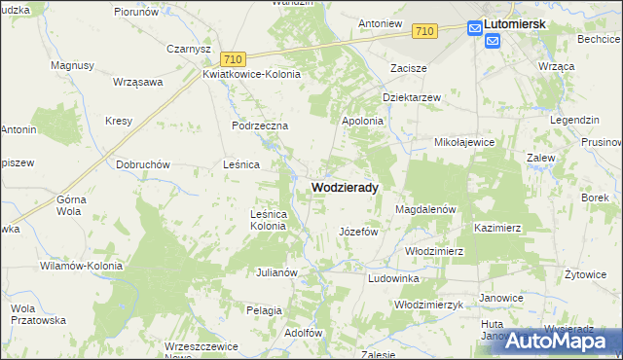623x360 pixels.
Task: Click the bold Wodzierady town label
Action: click(345, 186)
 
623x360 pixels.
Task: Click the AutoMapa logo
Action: click(561, 341)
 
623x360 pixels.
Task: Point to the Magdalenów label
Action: click(425, 209)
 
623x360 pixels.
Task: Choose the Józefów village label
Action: click(357, 233)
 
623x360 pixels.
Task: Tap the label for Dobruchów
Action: click(143, 164)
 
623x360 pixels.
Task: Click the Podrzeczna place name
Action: click(260, 126)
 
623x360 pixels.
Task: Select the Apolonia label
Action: click(362, 121)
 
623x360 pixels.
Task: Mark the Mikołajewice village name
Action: click(464, 142)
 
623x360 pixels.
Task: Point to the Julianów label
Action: click(275, 272)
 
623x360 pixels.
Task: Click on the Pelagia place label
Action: click(264, 309)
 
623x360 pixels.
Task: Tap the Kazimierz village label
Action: click(497, 227)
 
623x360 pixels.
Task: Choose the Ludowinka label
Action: click(393, 278)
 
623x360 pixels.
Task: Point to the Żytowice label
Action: click(585, 274)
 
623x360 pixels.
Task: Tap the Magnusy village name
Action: click(72, 65)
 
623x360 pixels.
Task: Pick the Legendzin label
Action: click(574, 119)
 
